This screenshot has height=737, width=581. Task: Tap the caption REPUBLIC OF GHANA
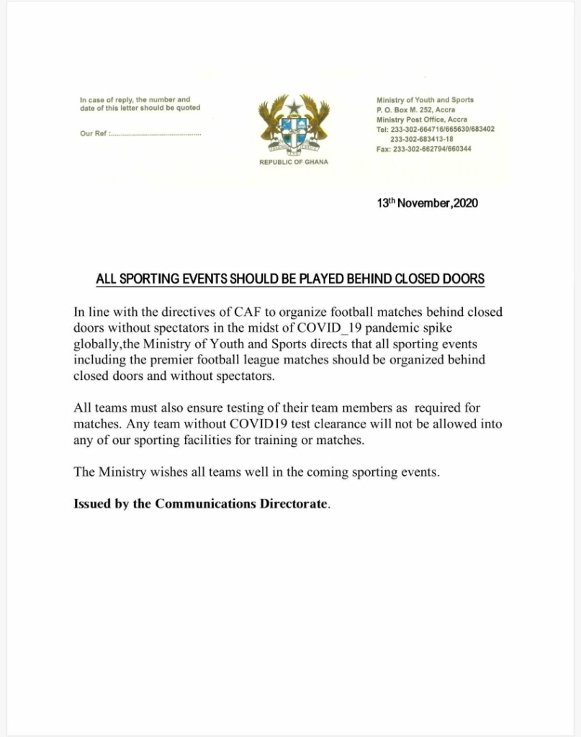[293, 163]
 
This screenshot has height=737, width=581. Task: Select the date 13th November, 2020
[427, 203]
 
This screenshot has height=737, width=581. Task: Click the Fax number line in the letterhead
[424, 149]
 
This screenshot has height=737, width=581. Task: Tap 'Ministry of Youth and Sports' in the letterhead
[425, 100]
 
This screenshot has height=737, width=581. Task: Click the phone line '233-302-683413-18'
[421, 139]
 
